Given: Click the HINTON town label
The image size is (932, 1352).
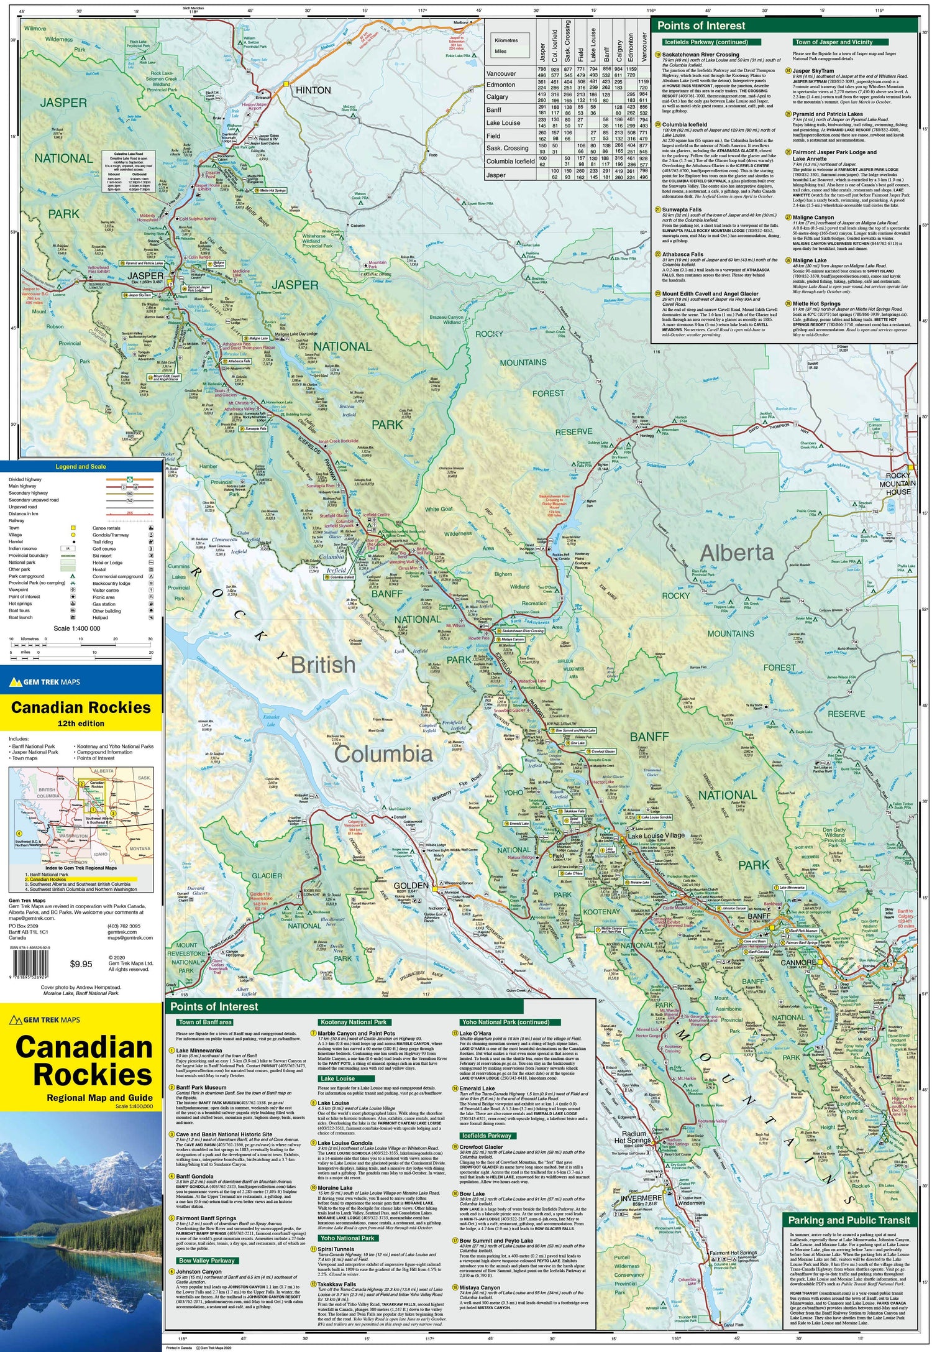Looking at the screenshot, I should (x=313, y=90).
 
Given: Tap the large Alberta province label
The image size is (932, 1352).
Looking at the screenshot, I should (x=737, y=553).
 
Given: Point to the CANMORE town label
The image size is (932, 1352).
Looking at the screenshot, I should (x=798, y=962).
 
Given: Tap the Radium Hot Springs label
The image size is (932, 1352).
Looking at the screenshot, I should (x=633, y=1137).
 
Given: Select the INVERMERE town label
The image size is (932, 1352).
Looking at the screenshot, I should (x=641, y=1197).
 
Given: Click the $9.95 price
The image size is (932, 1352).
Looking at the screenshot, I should (x=81, y=964).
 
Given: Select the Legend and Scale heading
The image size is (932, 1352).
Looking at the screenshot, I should (x=81, y=466).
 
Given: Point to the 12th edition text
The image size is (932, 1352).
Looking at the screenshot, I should (x=81, y=724).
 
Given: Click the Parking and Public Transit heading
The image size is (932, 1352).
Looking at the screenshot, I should (x=849, y=1220).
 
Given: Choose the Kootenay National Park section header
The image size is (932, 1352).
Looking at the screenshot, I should (x=353, y=1022).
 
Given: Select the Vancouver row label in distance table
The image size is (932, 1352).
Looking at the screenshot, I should (x=501, y=73).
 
